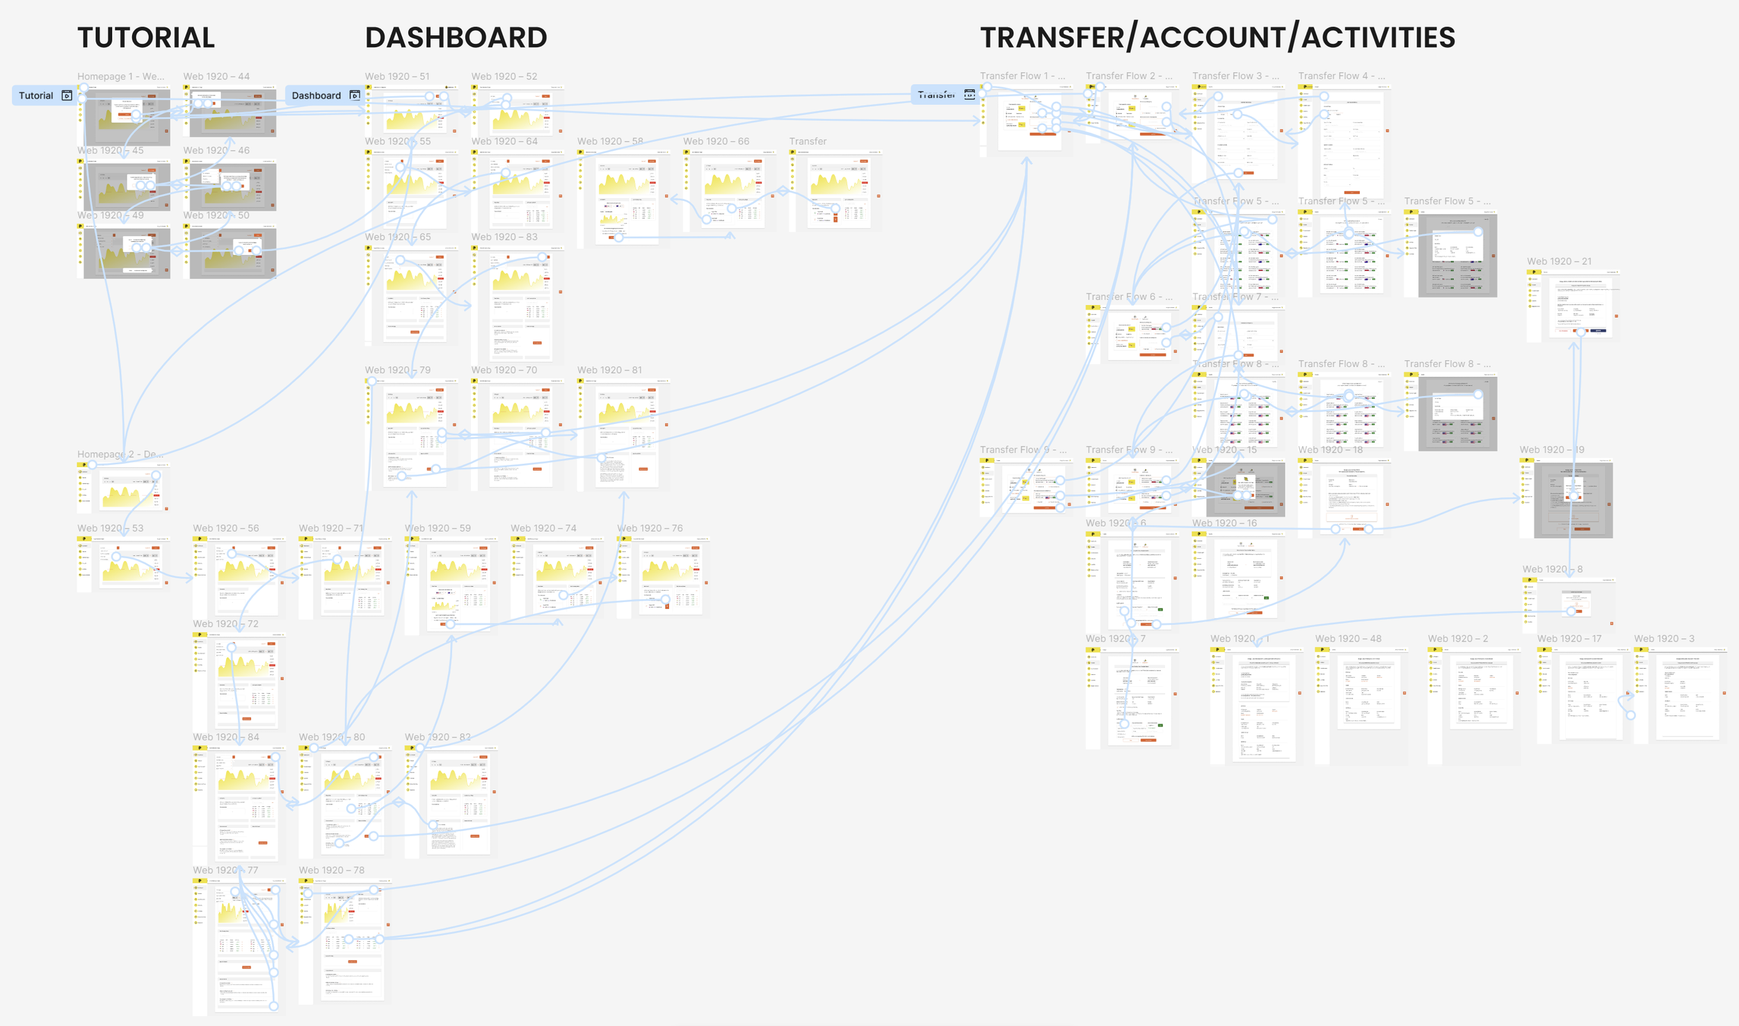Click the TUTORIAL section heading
coord(146,38)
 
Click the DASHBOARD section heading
coord(456,38)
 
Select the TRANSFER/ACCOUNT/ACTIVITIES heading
coord(1217,38)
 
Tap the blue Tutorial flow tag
coord(36,96)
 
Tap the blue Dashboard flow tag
coord(316,96)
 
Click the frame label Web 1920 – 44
coord(216,76)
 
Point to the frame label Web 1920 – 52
coord(504,76)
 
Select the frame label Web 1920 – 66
coord(716,141)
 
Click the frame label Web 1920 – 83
coord(504,237)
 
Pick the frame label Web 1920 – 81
coord(609,370)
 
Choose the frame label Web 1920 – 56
coord(226,528)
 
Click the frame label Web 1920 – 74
coord(543,528)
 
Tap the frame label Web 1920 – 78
coord(332,870)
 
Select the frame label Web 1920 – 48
coord(1348,639)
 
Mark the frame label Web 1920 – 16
coord(1224,523)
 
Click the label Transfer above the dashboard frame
coord(808,141)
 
